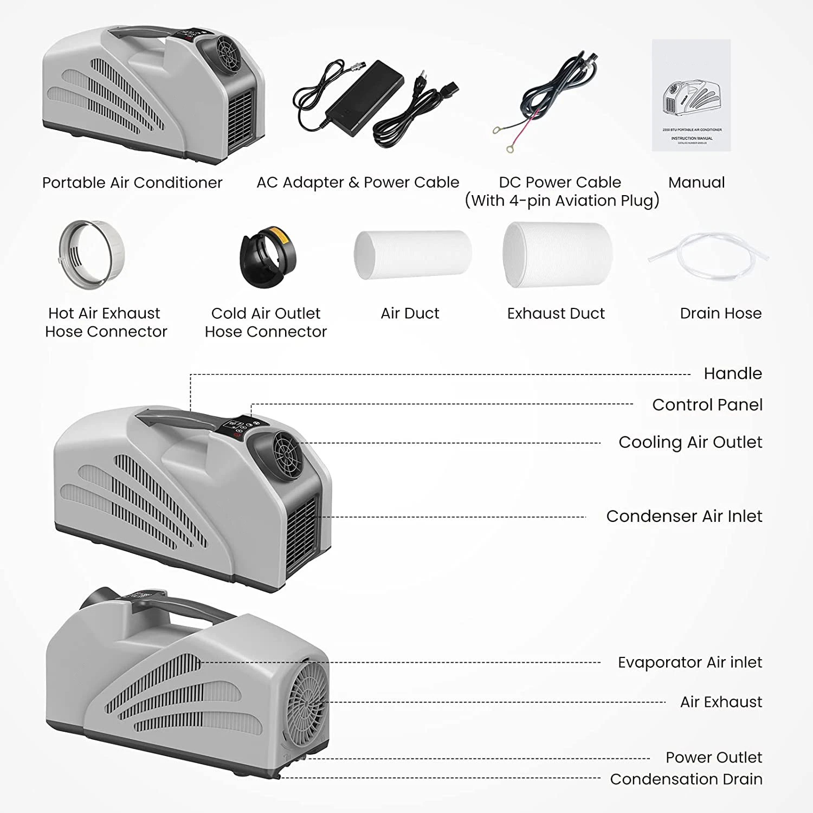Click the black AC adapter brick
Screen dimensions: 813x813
pyautogui.click(x=364, y=92)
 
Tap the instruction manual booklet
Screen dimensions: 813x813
pyautogui.click(x=691, y=95)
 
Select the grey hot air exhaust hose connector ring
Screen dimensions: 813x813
pyautogui.click(x=92, y=254)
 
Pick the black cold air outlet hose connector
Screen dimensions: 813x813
pyautogui.click(x=268, y=257)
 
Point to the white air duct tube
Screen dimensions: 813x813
pyautogui.click(x=412, y=255)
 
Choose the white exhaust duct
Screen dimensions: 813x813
pyautogui.click(x=557, y=254)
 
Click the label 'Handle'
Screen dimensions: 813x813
pyautogui.click(x=732, y=373)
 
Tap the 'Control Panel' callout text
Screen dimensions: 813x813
pyautogui.click(x=707, y=405)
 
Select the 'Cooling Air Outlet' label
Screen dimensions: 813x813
pyautogui.click(x=690, y=442)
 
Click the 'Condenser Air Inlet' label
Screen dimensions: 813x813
pyautogui.click(x=684, y=517)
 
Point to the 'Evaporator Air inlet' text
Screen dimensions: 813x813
pyautogui.click(x=689, y=662)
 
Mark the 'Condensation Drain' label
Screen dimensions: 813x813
pyautogui.click(x=686, y=779)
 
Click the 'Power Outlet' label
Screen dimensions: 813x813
pyautogui.click(x=713, y=757)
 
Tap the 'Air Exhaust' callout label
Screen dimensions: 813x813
pyautogui.click(x=721, y=702)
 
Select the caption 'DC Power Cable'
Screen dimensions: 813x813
pyautogui.click(x=560, y=182)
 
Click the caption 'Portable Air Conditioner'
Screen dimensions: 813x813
pyautogui.click(x=132, y=183)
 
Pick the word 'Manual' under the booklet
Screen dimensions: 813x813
pyautogui.click(x=696, y=183)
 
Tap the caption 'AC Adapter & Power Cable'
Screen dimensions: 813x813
pyautogui.click(x=358, y=183)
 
